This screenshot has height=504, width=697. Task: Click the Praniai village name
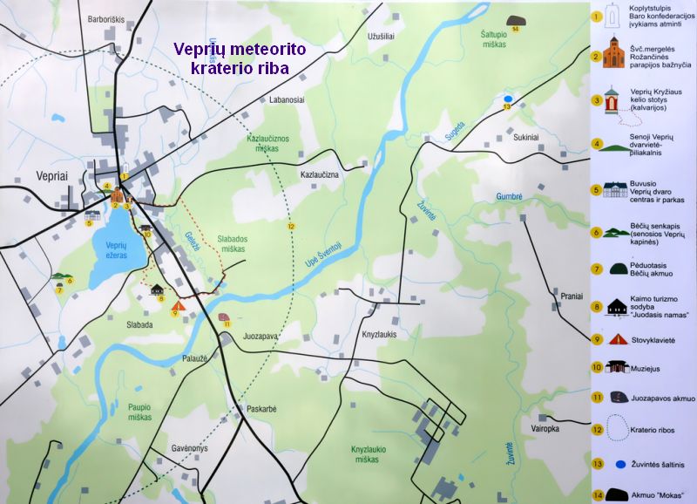pyautogui.click(x=572, y=296)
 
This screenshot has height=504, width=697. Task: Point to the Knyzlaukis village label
pyautogui.click(x=379, y=334)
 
